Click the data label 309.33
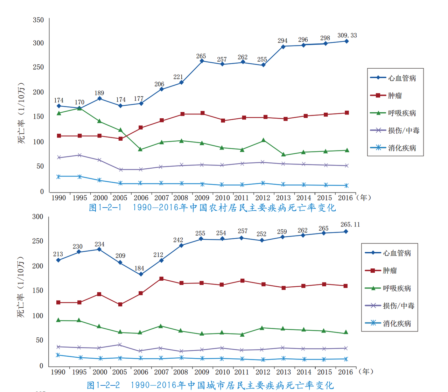point(347,35)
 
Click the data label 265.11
point(350,224)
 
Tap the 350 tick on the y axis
point(38,20)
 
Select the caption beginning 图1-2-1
point(212,208)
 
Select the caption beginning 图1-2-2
point(210,385)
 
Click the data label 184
point(139,268)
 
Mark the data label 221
point(178,77)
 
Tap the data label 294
point(282,41)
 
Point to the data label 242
point(178,240)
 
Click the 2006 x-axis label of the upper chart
point(141,198)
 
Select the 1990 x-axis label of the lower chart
point(58,372)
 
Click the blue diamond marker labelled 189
point(100,99)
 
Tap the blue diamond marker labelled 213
point(58,260)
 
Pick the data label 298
point(325,38)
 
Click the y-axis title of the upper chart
point(21,113)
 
